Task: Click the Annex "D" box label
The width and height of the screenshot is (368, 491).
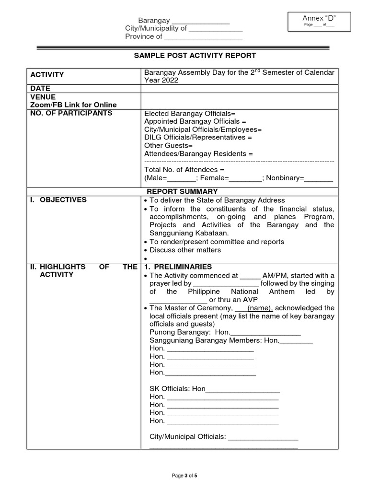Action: [319, 18]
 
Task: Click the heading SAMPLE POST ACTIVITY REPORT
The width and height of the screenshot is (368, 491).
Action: [195, 56]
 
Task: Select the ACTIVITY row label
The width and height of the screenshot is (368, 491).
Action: [47, 75]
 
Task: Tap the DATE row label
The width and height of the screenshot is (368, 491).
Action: [40, 89]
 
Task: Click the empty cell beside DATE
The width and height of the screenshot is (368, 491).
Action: [239, 89]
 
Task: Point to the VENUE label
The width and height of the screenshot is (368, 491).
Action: [43, 96]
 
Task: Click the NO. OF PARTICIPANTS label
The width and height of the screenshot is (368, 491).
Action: [71, 113]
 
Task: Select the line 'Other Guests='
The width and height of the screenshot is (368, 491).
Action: [168, 145]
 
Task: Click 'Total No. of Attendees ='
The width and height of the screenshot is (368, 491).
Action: [184, 170]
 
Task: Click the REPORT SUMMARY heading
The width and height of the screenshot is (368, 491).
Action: [182, 191]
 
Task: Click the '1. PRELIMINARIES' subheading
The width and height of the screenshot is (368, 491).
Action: [178, 267]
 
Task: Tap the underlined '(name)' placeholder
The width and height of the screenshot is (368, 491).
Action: [260, 308]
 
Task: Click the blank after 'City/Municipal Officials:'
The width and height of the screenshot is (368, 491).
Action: [263, 437]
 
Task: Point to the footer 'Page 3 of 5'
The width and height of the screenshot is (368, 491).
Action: [184, 476]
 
